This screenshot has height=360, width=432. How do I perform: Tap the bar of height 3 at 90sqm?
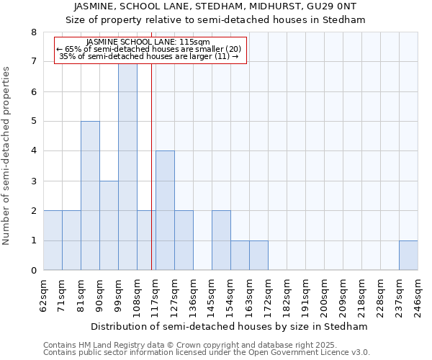(x=109, y=225)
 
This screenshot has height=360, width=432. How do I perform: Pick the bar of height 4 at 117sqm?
(x=165, y=210)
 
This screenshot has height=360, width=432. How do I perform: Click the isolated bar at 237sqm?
(x=408, y=256)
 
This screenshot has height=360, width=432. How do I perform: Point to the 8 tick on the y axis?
(x=33, y=32)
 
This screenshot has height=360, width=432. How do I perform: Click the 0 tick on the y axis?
(x=33, y=271)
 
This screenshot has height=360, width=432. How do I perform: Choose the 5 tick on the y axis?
(x=33, y=122)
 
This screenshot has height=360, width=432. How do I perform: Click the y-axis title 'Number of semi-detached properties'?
(x=7, y=156)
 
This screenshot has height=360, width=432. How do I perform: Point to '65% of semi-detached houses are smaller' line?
(x=150, y=49)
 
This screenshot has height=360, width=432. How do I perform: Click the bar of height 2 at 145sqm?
(x=221, y=240)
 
